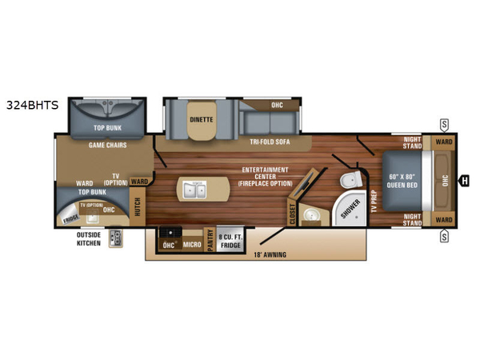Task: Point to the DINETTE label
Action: [201, 120]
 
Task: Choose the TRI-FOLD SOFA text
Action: [270, 142]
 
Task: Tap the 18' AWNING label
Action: [270, 254]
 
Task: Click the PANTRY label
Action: [210, 240]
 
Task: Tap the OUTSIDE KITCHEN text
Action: [89, 238]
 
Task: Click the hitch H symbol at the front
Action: [463, 180]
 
